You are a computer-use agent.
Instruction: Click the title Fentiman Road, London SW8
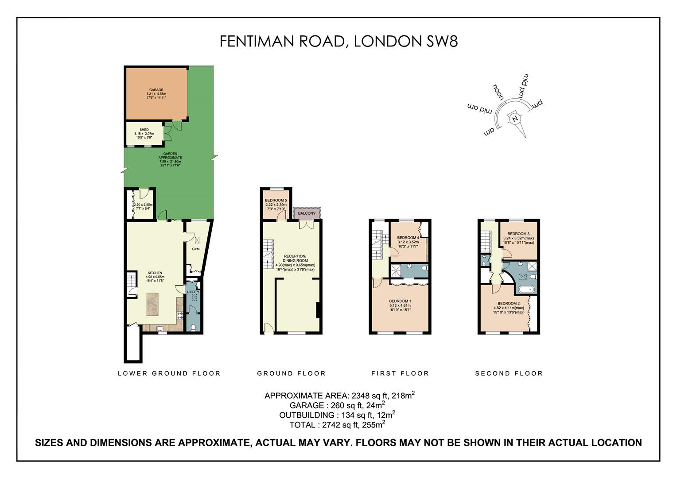point(338,41)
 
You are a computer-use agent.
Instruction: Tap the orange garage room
point(156,93)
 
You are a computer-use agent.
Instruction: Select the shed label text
point(144,130)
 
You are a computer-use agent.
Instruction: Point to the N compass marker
point(514,119)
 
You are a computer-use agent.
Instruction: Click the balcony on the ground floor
point(307,213)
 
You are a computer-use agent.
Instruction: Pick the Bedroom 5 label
point(276,200)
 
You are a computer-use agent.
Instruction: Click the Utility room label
point(193,292)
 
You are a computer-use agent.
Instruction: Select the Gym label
point(196,249)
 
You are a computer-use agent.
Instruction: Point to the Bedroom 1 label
point(400,301)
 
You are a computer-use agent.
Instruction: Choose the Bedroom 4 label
point(408,238)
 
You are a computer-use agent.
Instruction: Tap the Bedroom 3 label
point(518,234)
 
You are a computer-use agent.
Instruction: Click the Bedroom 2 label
point(509,304)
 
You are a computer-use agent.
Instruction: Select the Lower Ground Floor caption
point(169,374)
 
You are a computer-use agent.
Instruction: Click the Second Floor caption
point(509,374)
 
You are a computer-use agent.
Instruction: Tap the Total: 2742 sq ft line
point(337,425)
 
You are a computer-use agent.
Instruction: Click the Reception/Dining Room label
point(295,258)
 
